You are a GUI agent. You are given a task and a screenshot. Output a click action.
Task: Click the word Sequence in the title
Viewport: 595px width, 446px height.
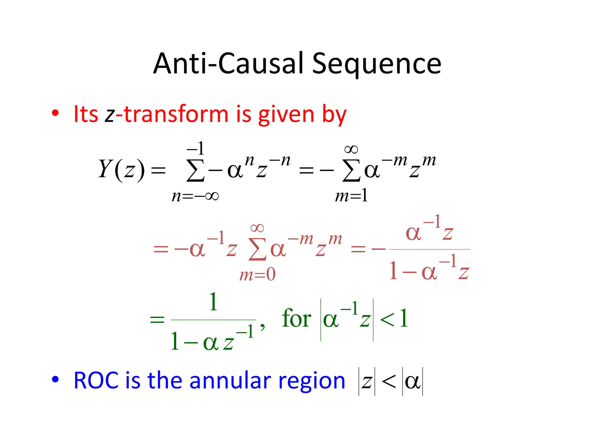click(377, 64)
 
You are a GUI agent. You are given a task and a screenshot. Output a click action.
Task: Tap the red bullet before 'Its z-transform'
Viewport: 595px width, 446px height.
click(55, 113)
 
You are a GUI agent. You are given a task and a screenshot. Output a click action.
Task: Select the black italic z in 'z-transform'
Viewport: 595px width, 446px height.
click(110, 114)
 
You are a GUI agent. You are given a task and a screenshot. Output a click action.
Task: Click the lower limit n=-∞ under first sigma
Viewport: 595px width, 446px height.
click(195, 196)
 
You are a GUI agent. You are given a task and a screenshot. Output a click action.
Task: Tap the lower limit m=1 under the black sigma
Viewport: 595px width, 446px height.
click(352, 196)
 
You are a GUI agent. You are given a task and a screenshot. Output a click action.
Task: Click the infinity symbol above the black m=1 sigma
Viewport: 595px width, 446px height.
click(351, 150)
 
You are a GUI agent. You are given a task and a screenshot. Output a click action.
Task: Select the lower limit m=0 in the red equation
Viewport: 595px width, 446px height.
click(257, 274)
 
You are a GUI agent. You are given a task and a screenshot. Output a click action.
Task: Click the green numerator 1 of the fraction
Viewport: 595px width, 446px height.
click(213, 302)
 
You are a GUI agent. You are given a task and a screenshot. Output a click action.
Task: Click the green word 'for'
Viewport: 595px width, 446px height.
click(296, 319)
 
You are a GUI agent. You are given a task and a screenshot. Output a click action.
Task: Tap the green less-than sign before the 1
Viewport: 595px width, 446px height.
click(387, 320)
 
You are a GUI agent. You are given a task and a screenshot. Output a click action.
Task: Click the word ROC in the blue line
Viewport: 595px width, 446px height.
click(96, 380)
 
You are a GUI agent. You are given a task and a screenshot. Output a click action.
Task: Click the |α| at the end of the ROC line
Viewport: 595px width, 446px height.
click(413, 382)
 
